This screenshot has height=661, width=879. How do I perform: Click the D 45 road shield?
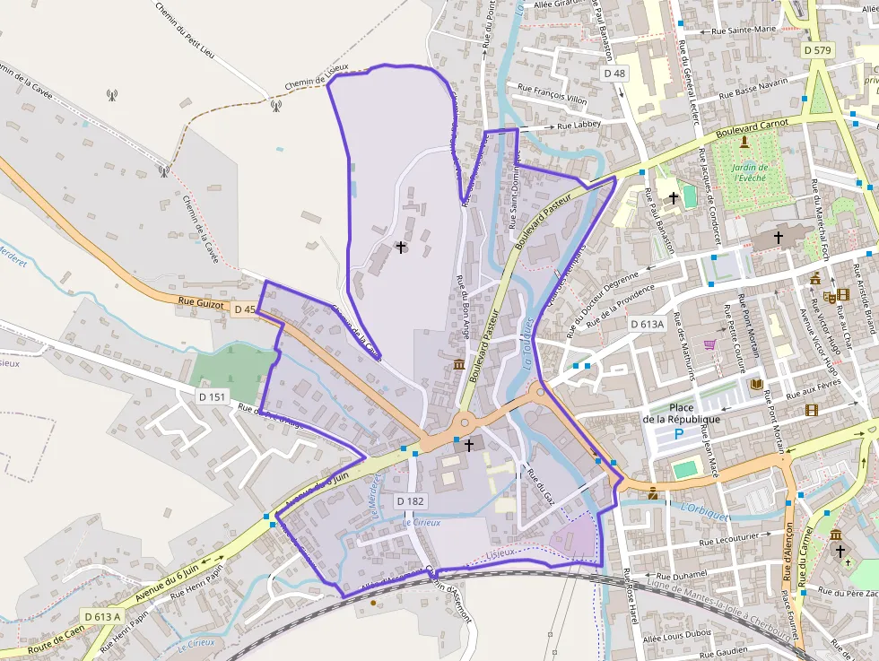tap(244, 309)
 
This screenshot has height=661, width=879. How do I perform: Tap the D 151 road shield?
tap(213, 396)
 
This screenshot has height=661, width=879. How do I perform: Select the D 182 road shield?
tap(410, 501)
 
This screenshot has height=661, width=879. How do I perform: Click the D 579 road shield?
tap(817, 50)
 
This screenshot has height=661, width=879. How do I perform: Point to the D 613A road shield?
tap(647, 324)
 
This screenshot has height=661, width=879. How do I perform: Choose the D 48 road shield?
tap(614, 73)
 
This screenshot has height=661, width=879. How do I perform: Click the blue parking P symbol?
tap(679, 434)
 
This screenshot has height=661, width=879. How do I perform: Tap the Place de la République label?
tap(682, 413)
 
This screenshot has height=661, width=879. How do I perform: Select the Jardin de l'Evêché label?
tap(750, 172)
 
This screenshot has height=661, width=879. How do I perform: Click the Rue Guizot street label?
tap(199, 302)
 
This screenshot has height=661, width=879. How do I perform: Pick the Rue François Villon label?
tap(553, 93)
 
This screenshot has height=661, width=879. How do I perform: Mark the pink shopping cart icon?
tap(710, 344)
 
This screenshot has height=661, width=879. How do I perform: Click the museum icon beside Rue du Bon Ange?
tap(460, 363)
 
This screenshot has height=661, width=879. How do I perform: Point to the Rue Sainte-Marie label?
tap(744, 30)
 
